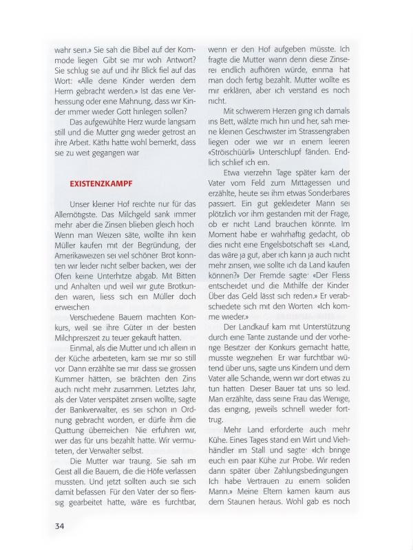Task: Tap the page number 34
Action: pos(60,527)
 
